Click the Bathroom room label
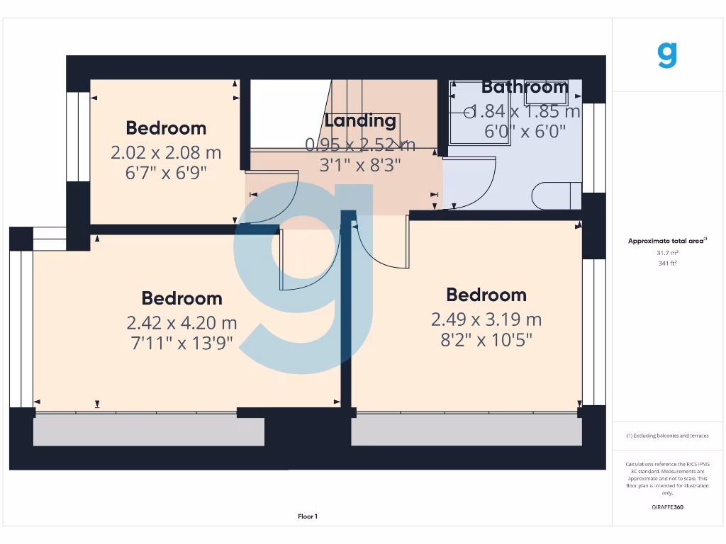tap(525, 87)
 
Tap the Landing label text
tap(360, 121)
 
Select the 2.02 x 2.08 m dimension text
tap(166, 152)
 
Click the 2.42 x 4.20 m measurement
tap(181, 323)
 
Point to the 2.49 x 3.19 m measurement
tap(486, 319)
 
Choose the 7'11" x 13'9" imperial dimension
tap(181, 344)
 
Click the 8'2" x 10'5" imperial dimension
tap(486, 340)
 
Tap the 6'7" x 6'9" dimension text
tap(166, 173)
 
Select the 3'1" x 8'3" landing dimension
tap(360, 165)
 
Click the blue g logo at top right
tap(667, 55)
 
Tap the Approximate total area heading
tap(666, 242)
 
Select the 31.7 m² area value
tap(667, 252)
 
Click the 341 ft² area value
tap(667, 263)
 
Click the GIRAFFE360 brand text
tap(667, 507)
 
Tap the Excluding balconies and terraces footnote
tap(667, 436)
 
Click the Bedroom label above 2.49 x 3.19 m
tap(486, 295)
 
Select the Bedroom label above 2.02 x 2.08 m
tap(166, 128)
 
